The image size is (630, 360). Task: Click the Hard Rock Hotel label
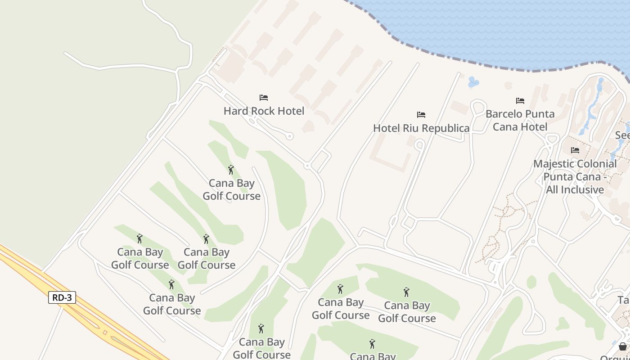point(264,111)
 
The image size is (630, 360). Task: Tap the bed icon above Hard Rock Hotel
point(264,98)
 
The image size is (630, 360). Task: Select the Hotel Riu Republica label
point(421,128)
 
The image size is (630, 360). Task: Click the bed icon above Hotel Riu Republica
point(421,115)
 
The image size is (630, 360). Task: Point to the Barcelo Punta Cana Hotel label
point(520,120)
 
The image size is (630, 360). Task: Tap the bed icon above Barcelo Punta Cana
point(520,101)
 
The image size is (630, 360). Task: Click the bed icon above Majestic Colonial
point(575,150)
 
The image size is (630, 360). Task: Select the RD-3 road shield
point(62,297)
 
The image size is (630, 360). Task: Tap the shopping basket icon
point(622,346)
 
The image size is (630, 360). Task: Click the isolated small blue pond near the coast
point(473,82)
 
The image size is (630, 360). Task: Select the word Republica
point(445,128)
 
